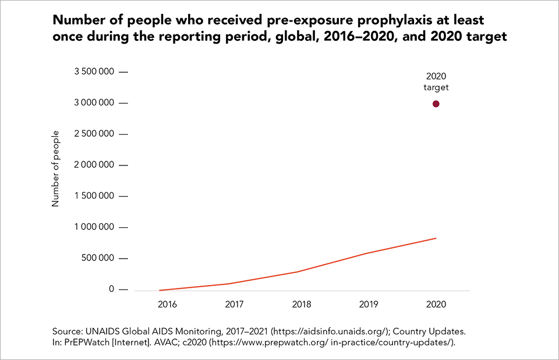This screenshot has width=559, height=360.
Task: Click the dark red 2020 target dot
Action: (436, 104)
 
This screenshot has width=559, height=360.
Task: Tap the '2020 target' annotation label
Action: (436, 82)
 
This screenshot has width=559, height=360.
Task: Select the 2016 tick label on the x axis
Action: (168, 304)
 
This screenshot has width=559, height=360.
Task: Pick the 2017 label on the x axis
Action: (235, 304)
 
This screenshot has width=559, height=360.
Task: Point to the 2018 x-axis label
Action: (302, 304)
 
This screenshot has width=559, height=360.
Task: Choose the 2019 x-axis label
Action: (369, 304)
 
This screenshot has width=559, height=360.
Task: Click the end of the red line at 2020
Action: (436, 238)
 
